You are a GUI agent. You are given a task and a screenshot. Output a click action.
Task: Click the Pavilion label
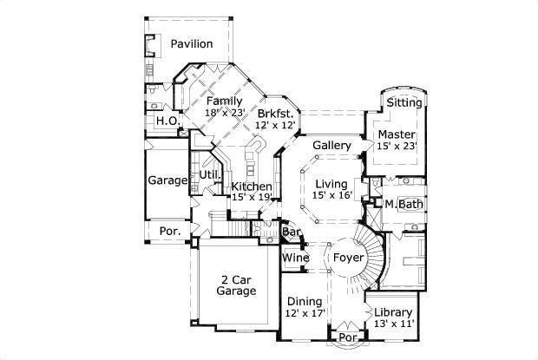click(192, 43)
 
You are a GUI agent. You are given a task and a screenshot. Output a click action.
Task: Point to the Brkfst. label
click(278, 113)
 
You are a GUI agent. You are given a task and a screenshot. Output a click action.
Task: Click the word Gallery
click(331, 145)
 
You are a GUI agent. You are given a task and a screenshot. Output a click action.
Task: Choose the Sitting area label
click(404, 102)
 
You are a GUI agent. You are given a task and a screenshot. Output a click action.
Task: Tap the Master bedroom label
click(396, 134)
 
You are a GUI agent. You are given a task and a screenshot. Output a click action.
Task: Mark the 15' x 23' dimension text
click(396, 147)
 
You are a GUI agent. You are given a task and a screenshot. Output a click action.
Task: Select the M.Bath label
click(403, 205)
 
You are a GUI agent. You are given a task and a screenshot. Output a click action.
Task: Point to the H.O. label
click(167, 121)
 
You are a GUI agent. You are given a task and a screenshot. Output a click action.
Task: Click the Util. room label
click(210, 175)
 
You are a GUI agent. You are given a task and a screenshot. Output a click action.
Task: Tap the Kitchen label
click(252, 186)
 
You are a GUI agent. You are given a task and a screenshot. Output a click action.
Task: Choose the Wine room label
click(295, 258)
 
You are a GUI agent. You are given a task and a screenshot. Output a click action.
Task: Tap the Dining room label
click(304, 301)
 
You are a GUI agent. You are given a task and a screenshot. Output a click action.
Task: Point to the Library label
click(393, 312)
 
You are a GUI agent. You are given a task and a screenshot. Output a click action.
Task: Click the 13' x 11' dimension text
click(393, 324)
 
